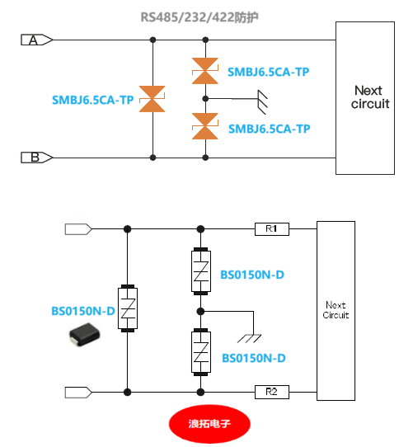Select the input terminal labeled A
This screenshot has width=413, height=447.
(x=35, y=40)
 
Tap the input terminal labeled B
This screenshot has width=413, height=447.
(x=35, y=157)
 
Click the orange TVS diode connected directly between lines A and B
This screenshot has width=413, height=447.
(x=153, y=99)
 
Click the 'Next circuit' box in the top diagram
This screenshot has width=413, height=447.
(x=368, y=97)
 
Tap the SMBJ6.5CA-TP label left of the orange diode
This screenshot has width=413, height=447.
(x=92, y=101)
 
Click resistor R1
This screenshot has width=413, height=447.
(x=272, y=228)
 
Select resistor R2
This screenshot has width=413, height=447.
(x=272, y=392)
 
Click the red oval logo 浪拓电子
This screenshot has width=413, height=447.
(x=209, y=424)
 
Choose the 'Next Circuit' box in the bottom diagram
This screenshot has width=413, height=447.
(x=336, y=310)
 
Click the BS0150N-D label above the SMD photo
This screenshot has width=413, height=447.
(x=83, y=311)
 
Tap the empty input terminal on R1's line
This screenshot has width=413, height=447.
(x=78, y=228)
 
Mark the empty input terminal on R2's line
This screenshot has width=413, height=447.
(x=78, y=392)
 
